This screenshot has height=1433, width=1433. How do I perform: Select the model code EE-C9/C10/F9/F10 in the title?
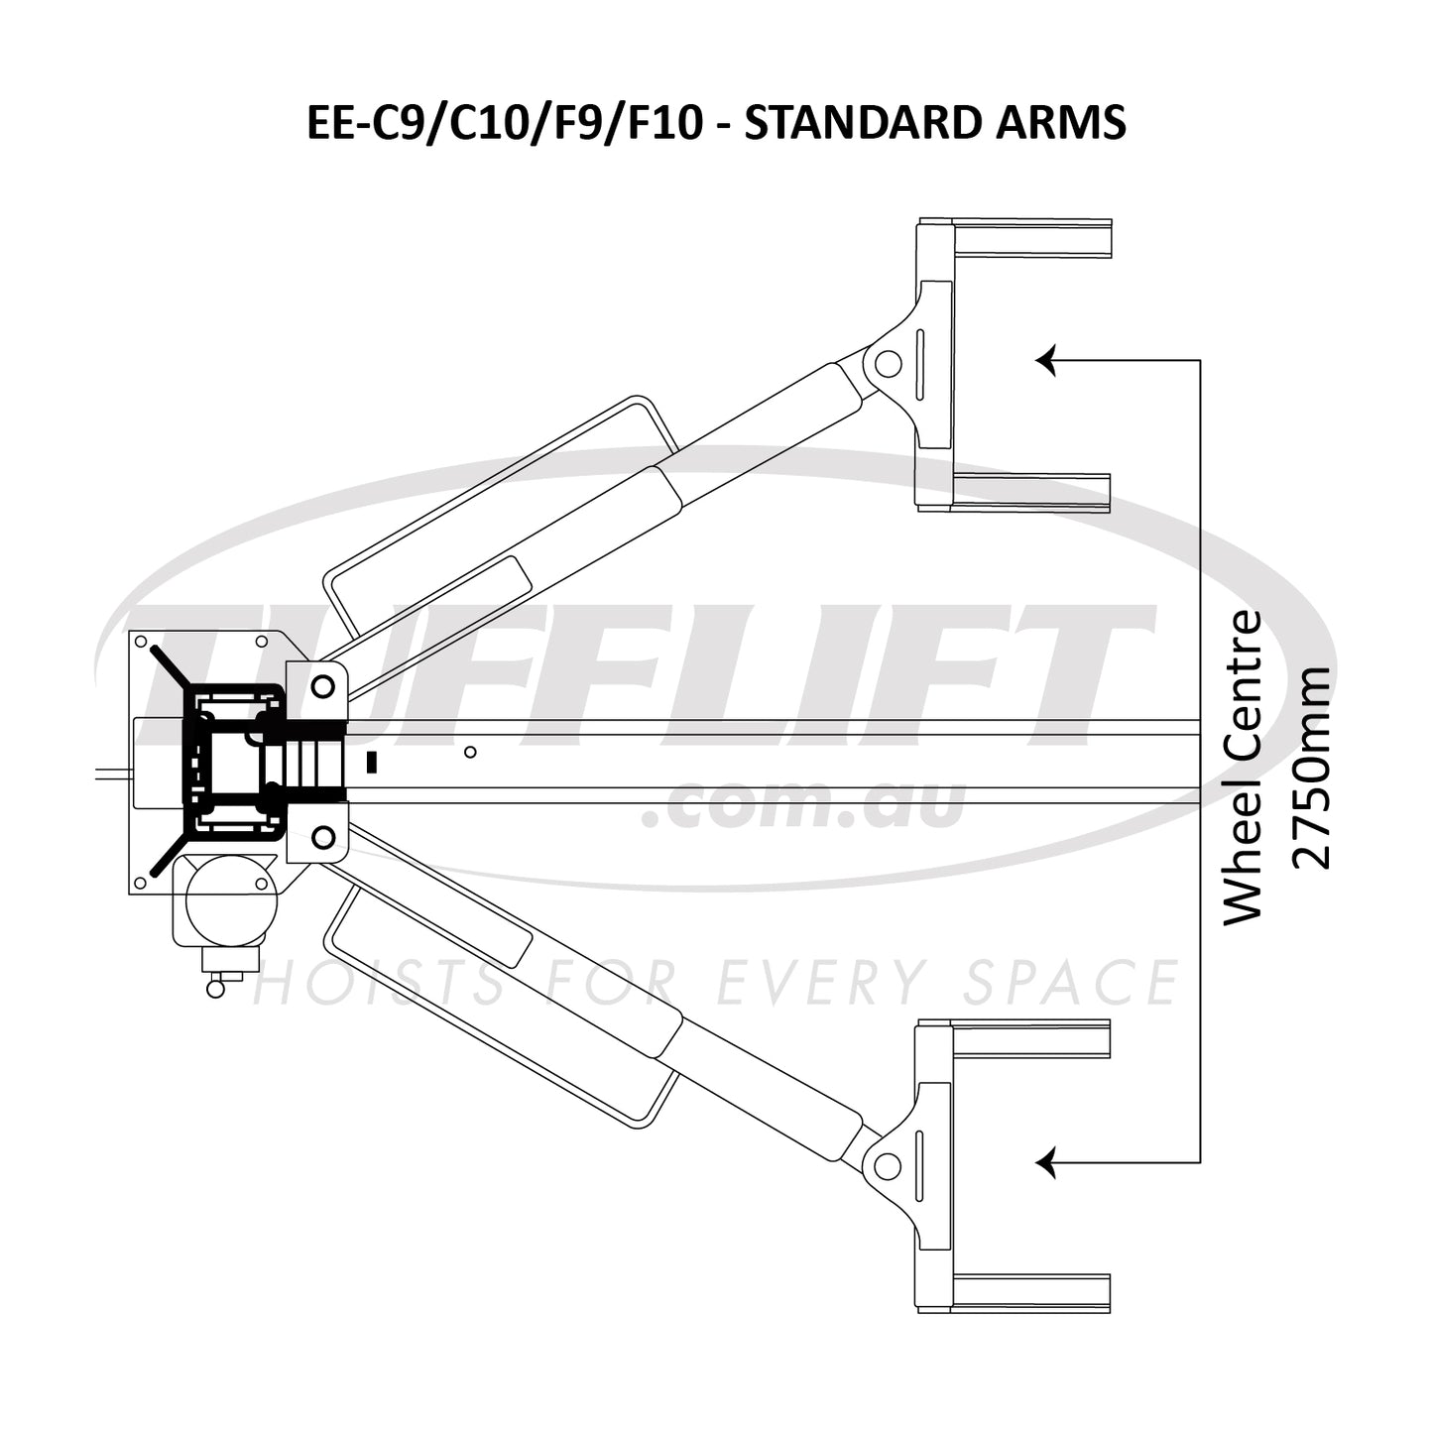click(x=505, y=123)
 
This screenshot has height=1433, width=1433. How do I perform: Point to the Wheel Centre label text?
click(x=1243, y=767)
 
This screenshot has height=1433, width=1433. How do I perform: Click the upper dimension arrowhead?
click(x=1046, y=359)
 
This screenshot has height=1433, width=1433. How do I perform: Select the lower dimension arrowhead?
click(x=1046, y=1161)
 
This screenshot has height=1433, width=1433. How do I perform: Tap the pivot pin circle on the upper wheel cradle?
click(x=888, y=364)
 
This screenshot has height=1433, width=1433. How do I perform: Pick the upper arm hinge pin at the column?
click(x=322, y=685)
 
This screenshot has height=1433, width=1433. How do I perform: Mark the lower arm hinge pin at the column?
click(x=322, y=838)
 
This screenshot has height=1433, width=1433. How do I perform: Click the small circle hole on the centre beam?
click(x=470, y=752)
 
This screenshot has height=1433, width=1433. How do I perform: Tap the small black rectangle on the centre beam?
click(x=372, y=762)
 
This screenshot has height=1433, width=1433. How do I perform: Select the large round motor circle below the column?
click(x=227, y=897)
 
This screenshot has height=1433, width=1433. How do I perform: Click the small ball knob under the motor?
click(x=215, y=988)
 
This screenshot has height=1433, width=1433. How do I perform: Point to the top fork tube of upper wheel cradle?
click(x=1031, y=239)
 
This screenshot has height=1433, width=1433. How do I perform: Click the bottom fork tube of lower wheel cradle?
click(x=1031, y=1291)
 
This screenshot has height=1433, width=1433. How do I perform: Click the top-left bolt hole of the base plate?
click(x=141, y=641)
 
